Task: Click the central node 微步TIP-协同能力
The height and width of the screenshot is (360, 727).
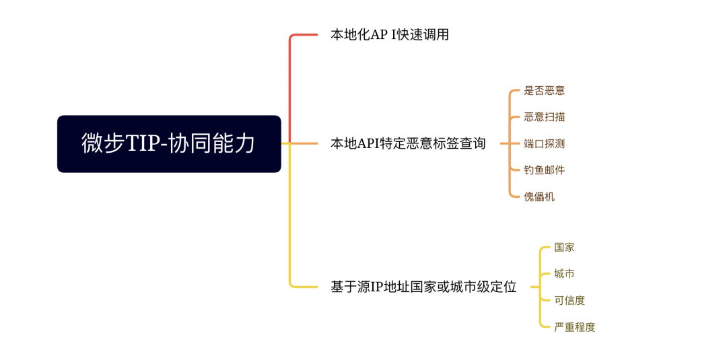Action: pyautogui.click(x=169, y=144)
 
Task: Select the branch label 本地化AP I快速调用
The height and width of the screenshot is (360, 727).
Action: pyautogui.click(x=389, y=35)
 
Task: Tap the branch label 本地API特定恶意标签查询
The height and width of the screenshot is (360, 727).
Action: pyautogui.click(x=408, y=143)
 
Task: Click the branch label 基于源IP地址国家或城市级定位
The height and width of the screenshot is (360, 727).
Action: pyautogui.click(x=423, y=287)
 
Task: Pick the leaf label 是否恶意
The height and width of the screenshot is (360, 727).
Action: pyautogui.click(x=544, y=90)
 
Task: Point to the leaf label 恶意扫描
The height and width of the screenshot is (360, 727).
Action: pyautogui.click(x=544, y=117)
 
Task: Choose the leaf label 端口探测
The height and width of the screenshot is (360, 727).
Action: pyautogui.click(x=544, y=143)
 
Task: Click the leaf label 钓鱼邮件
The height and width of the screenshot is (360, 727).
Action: pyautogui.click(x=544, y=170)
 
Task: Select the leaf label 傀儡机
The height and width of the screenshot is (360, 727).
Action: pyautogui.click(x=539, y=196)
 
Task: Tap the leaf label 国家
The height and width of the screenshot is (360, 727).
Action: pyautogui.click(x=564, y=247)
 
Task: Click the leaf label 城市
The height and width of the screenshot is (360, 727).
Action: pyautogui.click(x=564, y=274)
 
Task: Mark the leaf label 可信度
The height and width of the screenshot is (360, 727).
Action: pyautogui.click(x=569, y=300)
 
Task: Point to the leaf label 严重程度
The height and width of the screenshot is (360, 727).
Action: pyautogui.click(x=574, y=327)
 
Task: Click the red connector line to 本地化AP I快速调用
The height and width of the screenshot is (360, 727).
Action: pyautogui.click(x=290, y=81)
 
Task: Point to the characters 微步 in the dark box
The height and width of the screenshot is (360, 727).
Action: pyautogui.click(x=100, y=144)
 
